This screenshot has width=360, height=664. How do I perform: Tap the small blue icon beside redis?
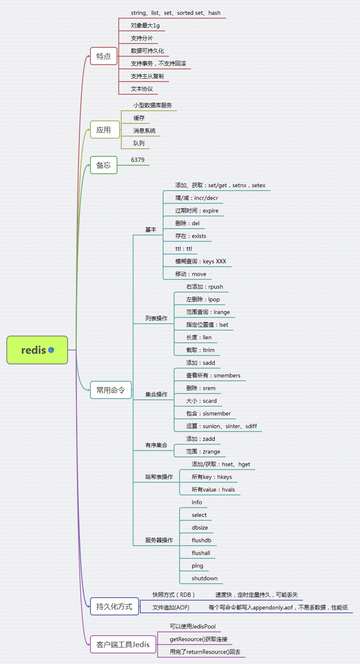click(51, 350)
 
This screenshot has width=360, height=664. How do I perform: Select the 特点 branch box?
click(104, 56)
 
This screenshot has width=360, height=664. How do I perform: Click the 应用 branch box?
click(104, 130)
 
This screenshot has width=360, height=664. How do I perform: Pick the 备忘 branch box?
click(104, 165)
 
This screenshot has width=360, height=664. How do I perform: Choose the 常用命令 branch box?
click(111, 390)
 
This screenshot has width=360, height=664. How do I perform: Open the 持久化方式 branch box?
click(114, 607)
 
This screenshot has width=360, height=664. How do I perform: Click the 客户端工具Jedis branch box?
click(123, 645)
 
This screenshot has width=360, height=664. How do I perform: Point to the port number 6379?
click(138, 160)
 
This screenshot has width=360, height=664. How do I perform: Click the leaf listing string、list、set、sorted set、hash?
click(176, 13)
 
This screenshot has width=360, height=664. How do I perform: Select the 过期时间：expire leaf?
click(197, 210)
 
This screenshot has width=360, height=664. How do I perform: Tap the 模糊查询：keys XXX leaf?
click(201, 261)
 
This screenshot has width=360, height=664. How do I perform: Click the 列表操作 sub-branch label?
click(156, 318)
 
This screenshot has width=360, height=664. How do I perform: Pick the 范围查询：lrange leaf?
click(208, 312)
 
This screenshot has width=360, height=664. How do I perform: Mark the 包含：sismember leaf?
click(208, 413)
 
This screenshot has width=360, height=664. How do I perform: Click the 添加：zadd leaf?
click(201, 439)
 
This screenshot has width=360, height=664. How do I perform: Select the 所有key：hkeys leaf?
click(212, 477)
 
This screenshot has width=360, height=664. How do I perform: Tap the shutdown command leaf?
click(205, 578)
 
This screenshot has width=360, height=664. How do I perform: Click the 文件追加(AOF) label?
click(171, 607)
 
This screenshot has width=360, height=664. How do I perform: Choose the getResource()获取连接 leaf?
click(199, 639)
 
